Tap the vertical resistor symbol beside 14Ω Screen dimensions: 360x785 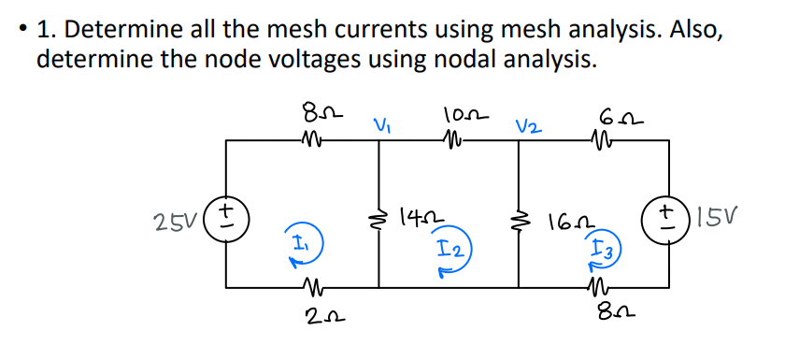379,218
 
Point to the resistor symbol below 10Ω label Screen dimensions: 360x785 454,141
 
